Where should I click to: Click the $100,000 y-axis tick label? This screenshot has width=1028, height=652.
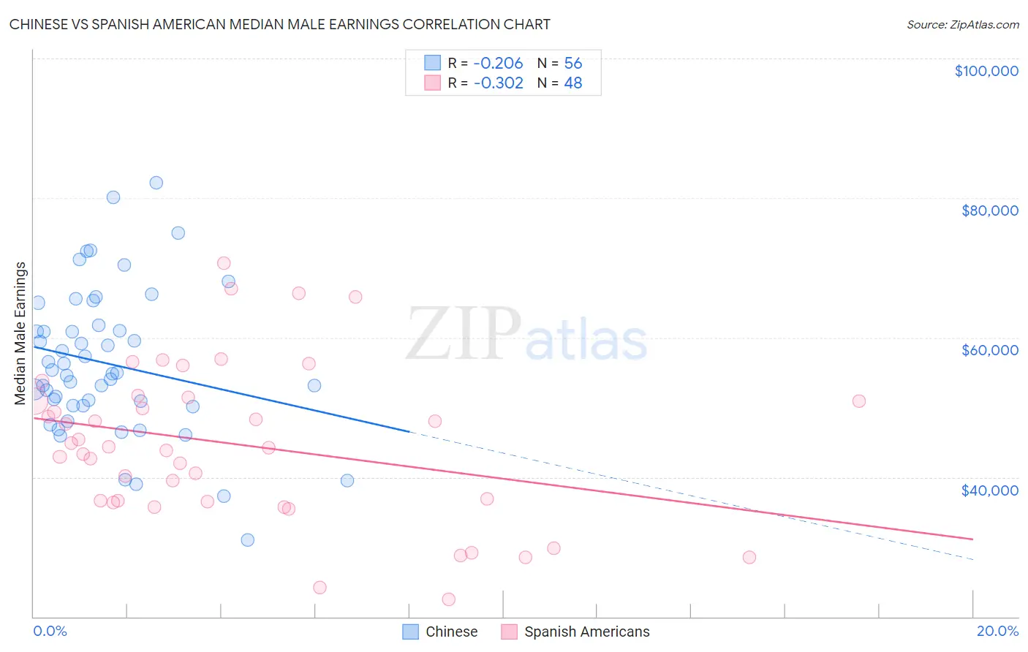tap(986, 71)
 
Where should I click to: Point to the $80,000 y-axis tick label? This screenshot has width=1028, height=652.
tap(989, 211)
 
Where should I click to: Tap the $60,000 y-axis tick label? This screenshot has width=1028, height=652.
tap(989, 350)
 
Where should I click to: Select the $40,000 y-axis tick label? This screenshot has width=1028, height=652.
tap(989, 490)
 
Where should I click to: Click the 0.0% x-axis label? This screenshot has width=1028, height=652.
tap(50, 631)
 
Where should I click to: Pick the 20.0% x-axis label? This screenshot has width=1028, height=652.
tap(997, 631)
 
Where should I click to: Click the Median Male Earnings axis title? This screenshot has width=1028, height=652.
tap(20, 333)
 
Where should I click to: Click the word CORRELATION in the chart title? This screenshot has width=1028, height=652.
tap(450, 24)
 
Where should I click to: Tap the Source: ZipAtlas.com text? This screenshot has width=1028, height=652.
tap(962, 25)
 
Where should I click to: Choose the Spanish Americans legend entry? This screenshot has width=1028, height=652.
tap(576, 632)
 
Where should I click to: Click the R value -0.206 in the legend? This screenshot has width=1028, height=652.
tap(498, 64)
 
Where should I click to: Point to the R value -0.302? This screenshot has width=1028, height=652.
tap(498, 83)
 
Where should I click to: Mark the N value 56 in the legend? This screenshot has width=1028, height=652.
tap(573, 64)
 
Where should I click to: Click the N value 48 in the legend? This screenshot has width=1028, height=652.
tap(573, 83)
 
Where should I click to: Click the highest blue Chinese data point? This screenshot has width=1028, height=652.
tap(156, 183)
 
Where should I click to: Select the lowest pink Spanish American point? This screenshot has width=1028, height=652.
tap(449, 599)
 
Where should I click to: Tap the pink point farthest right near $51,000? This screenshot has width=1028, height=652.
tap(859, 401)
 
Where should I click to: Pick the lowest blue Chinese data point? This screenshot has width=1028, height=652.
tap(248, 540)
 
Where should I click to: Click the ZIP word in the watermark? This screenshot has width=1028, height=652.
tap(463, 335)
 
